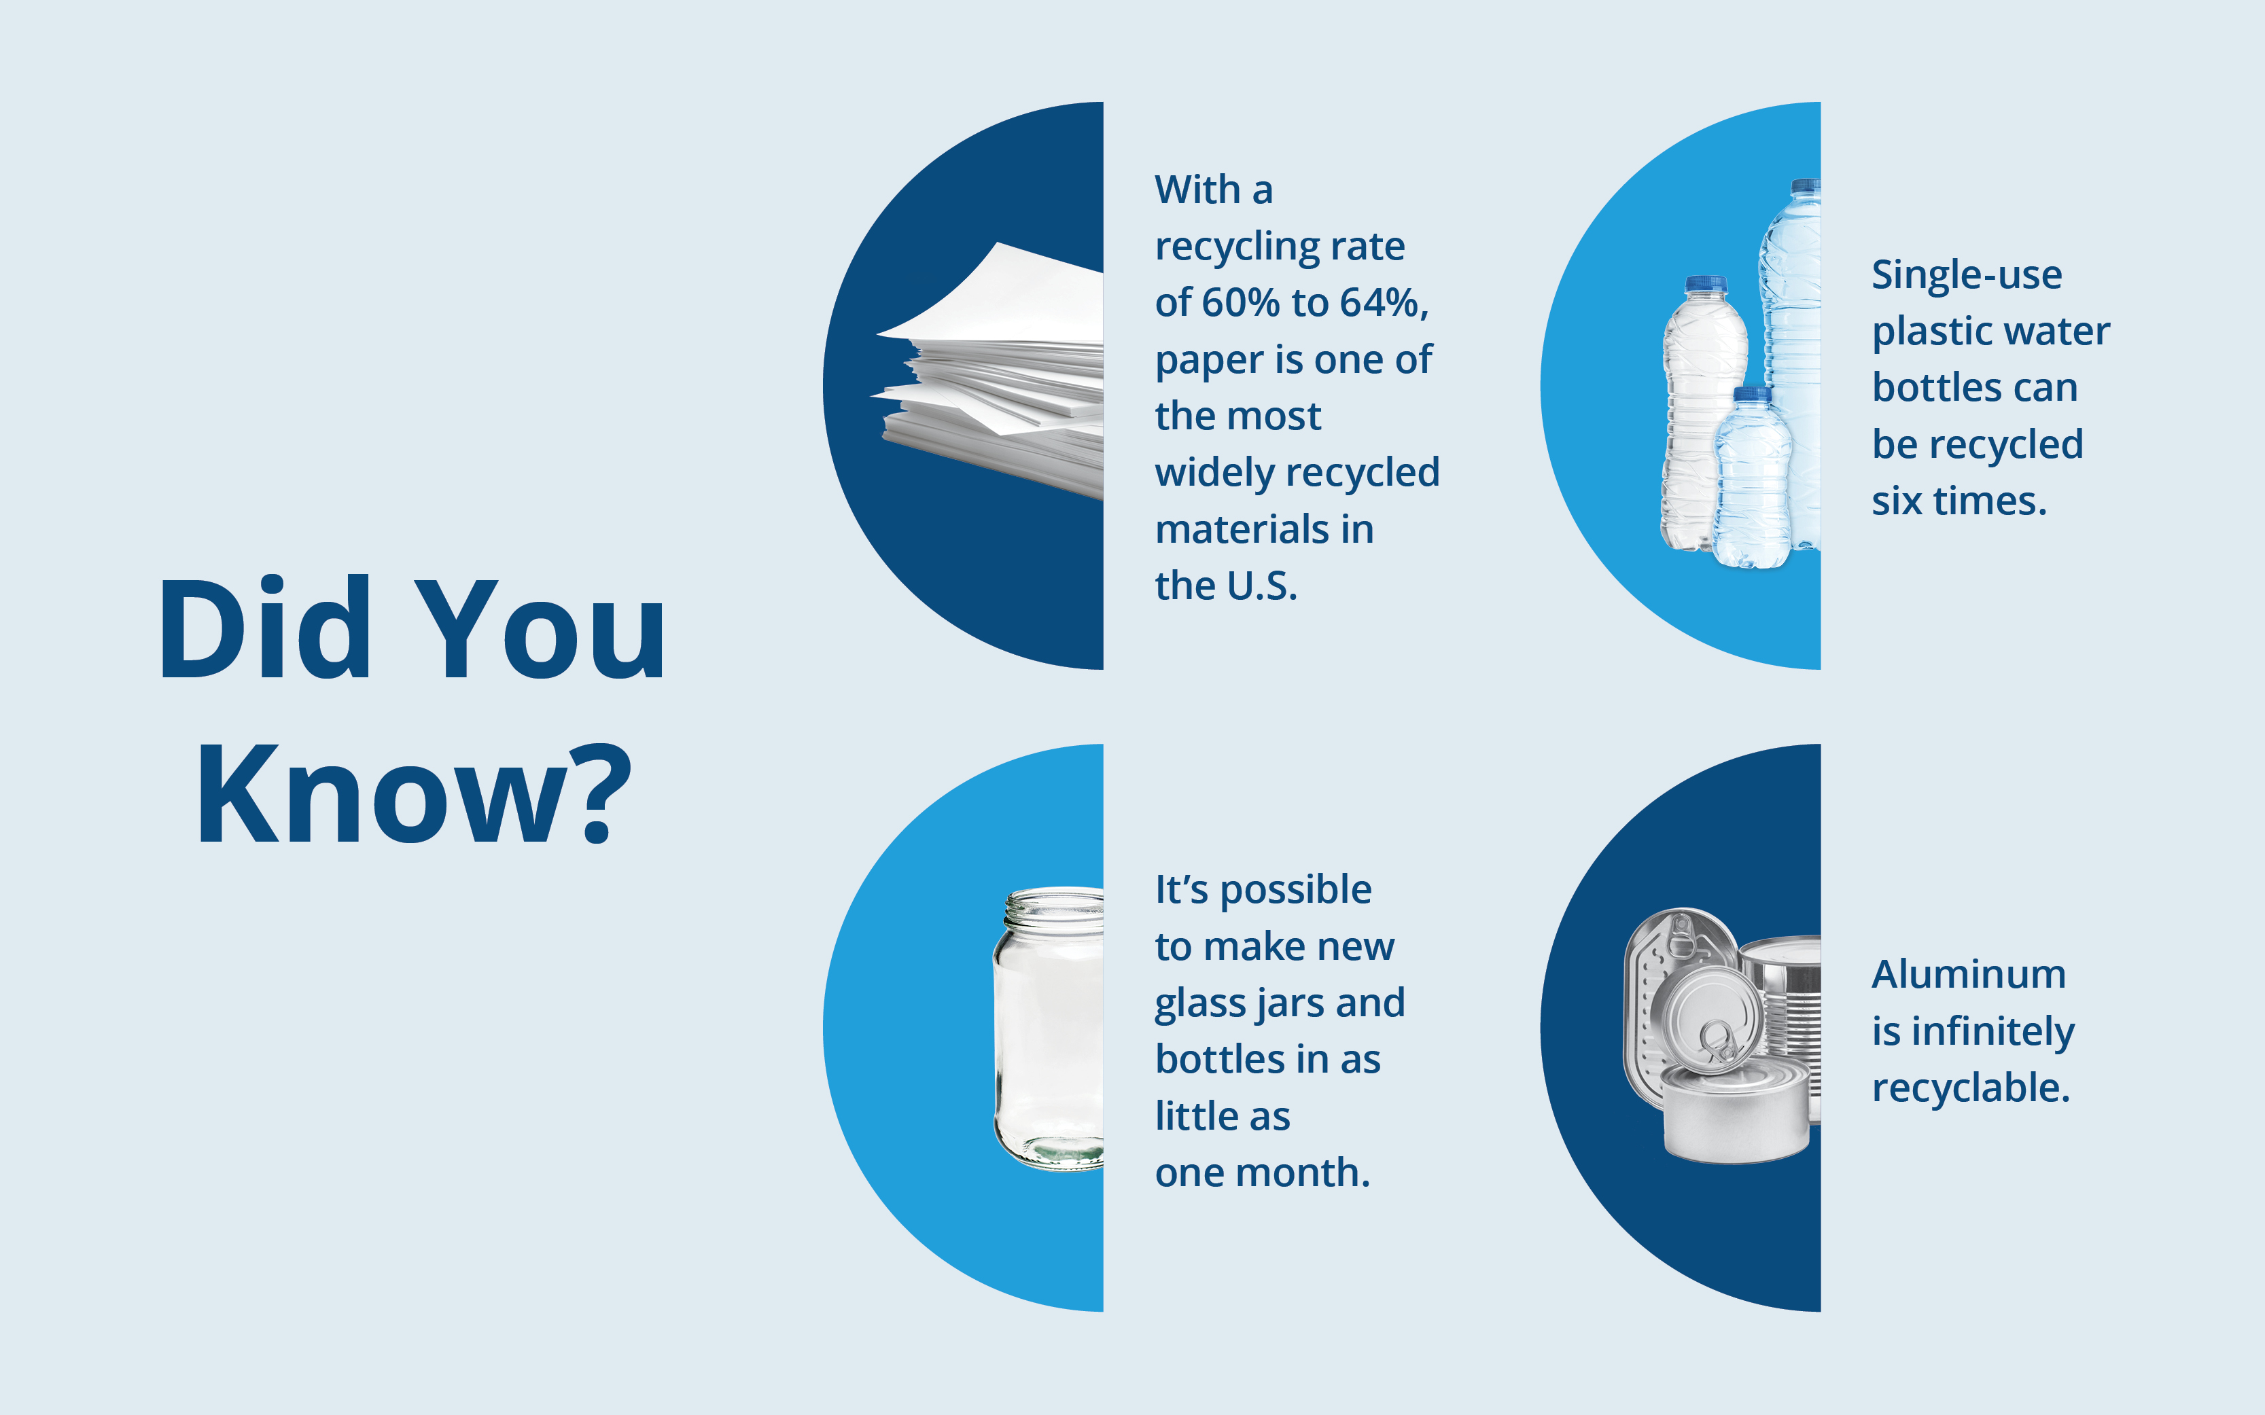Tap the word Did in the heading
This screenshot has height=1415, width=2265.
pos(265,627)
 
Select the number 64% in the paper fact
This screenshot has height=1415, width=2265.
pos(1379,302)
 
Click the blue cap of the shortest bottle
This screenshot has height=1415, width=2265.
pos(1751,394)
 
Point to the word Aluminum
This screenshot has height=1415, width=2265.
pos(1968,974)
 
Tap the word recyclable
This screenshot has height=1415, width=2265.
pos(1971,1088)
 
